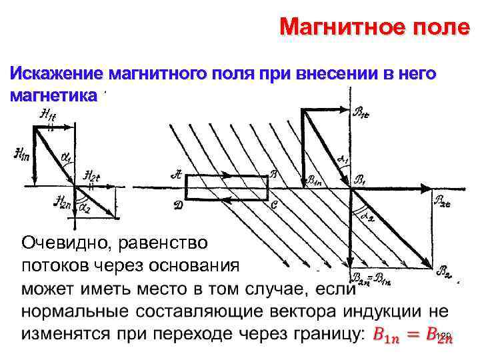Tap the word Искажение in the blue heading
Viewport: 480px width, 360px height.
(x=55, y=73)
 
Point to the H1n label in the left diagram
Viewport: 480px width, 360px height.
(x=21, y=154)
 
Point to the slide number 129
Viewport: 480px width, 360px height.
(x=445, y=335)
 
